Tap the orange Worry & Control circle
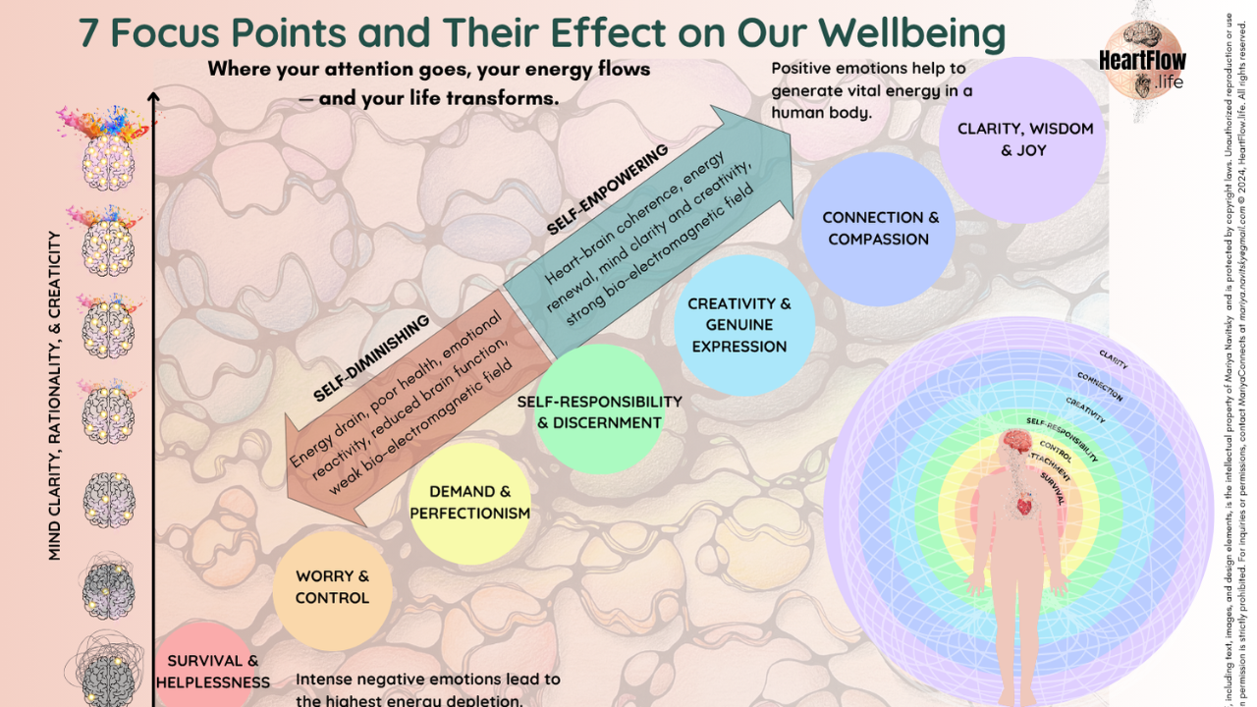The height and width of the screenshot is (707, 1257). click(x=332, y=587)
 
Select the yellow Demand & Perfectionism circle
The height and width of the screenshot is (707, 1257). click(x=469, y=503)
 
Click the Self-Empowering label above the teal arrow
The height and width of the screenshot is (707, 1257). click(x=607, y=189)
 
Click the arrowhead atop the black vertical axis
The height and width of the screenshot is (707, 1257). click(x=153, y=96)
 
